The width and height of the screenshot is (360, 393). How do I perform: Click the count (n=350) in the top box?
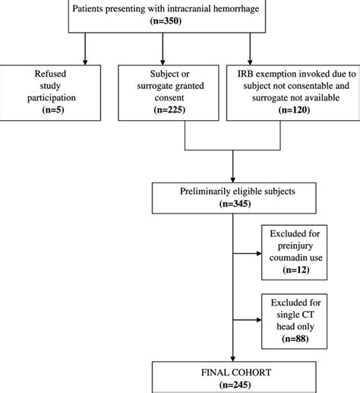click(x=179, y=22)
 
